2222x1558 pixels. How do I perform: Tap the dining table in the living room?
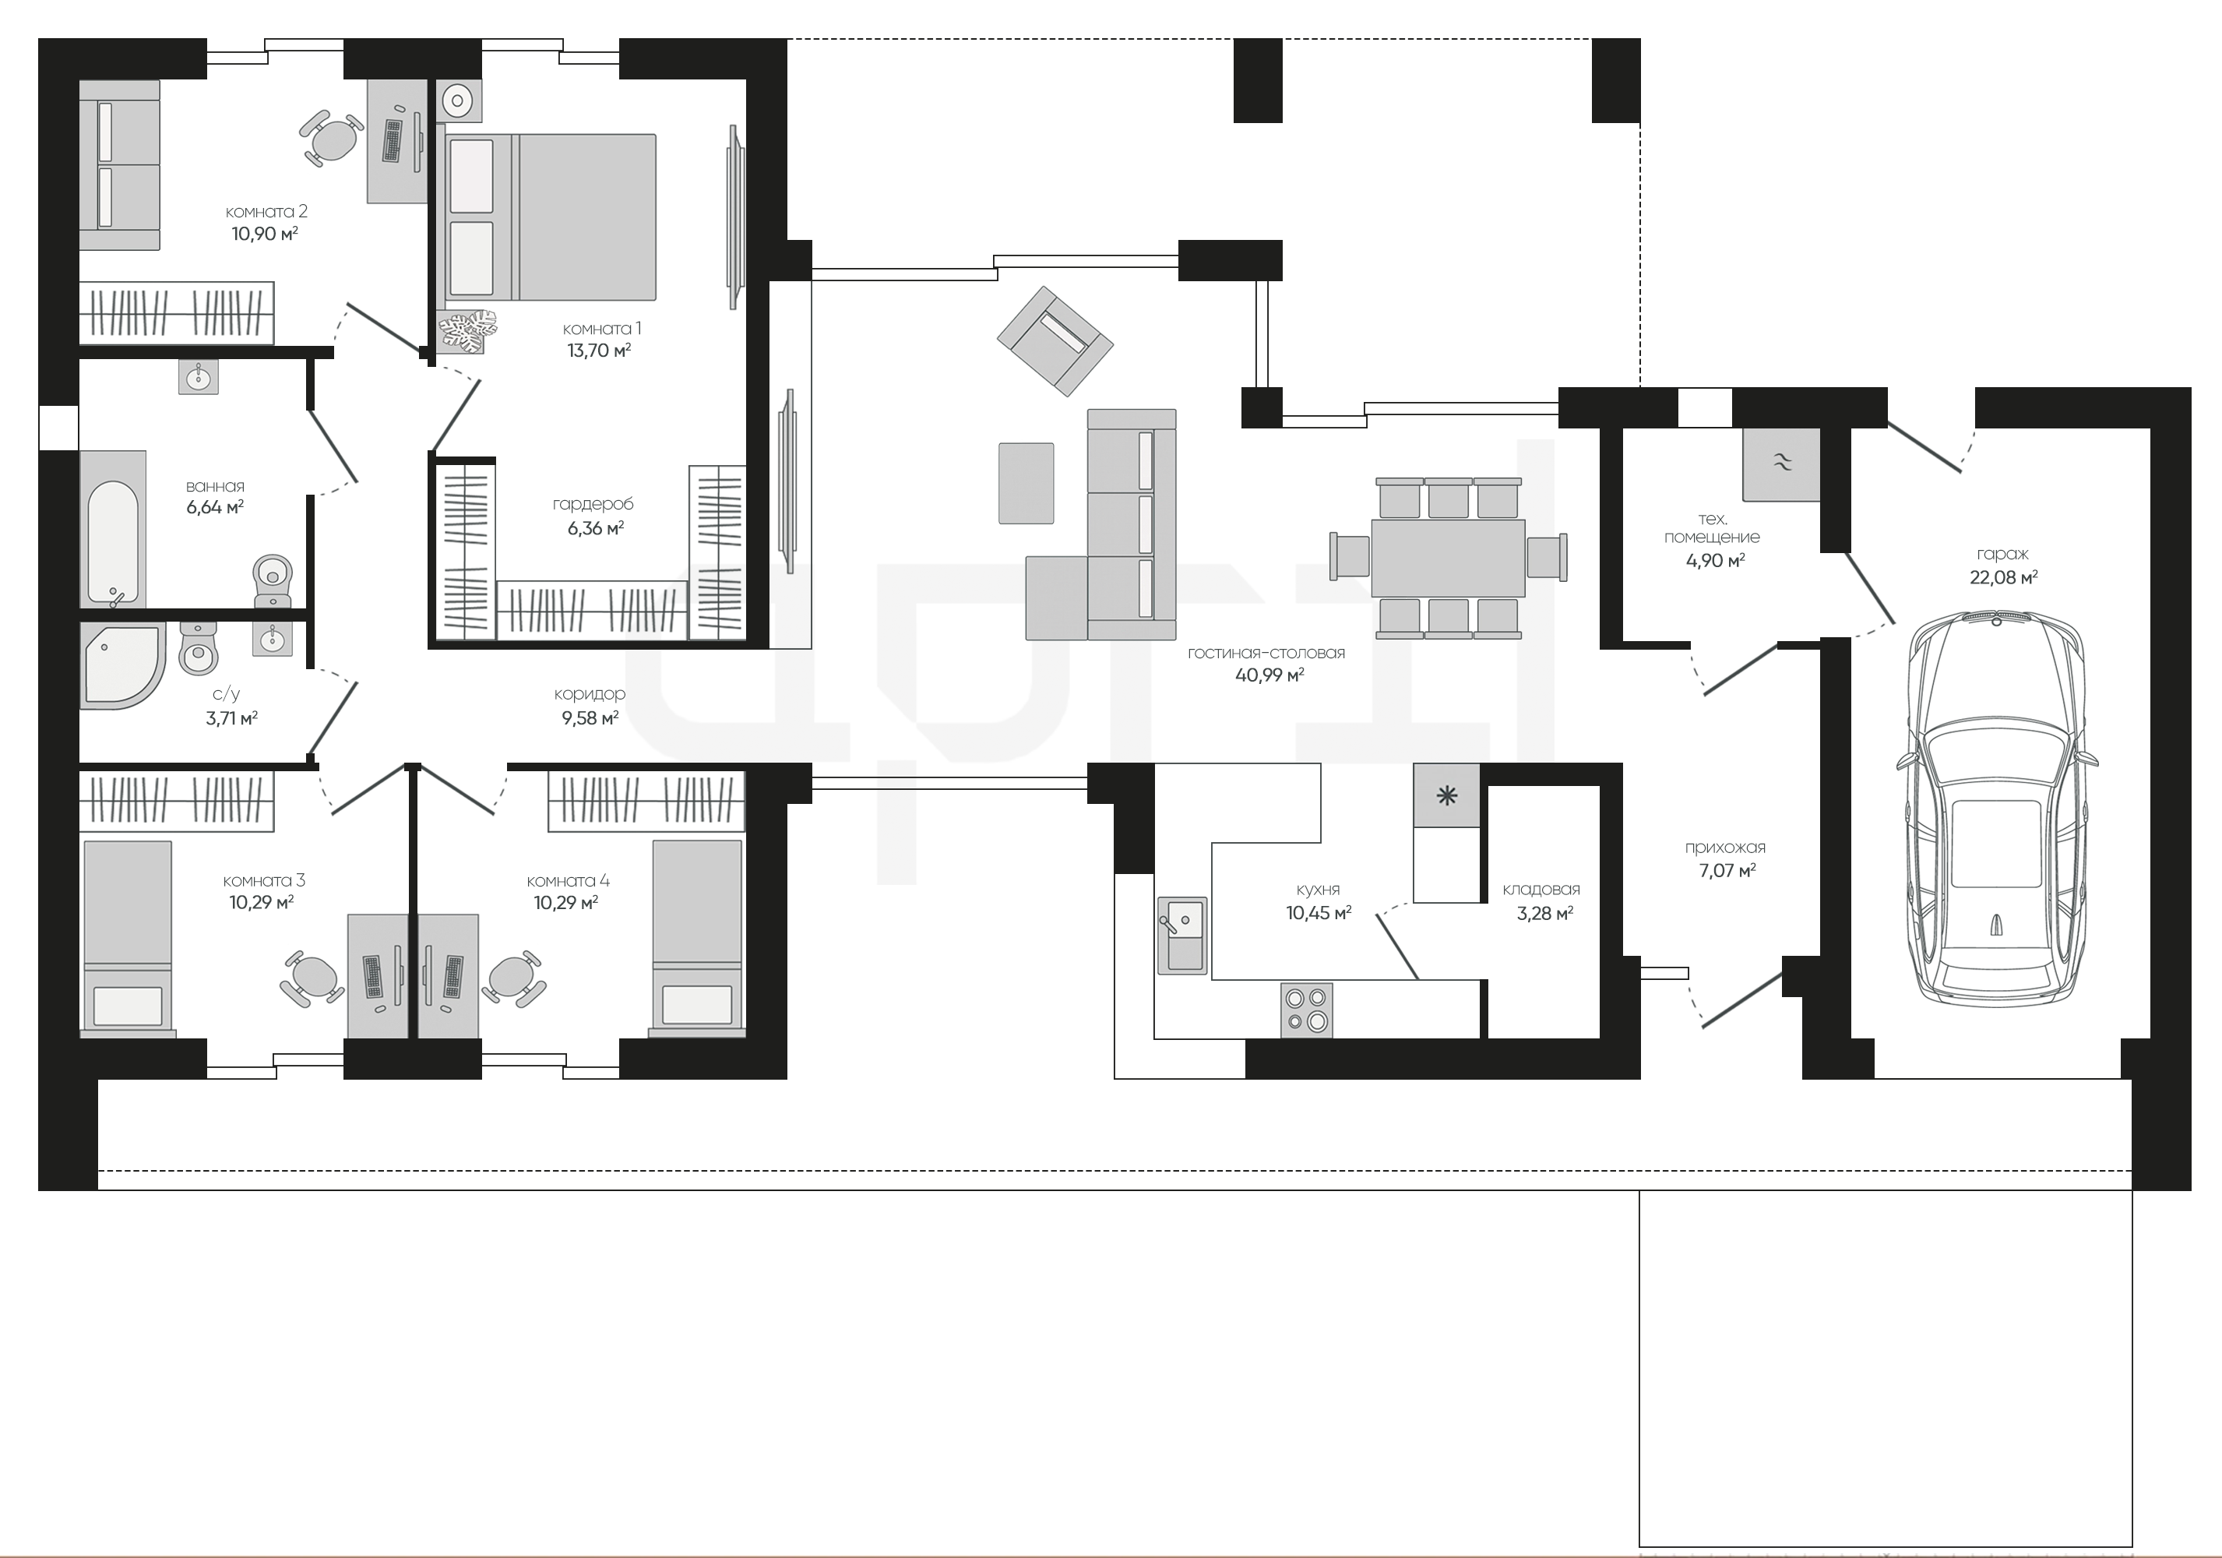[1448, 559]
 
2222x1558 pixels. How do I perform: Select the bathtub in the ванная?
[112, 528]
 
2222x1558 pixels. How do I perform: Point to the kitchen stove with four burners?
[1307, 1010]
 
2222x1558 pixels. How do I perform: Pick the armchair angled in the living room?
[1055, 340]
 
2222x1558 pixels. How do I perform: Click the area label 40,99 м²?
[1269, 675]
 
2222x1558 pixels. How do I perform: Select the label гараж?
[2002, 555]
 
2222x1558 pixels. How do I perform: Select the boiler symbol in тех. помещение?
[1780, 464]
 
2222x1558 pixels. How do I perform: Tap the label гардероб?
[593, 504]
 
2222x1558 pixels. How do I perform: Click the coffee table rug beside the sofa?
[1026, 483]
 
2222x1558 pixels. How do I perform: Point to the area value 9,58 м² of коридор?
[590, 718]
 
